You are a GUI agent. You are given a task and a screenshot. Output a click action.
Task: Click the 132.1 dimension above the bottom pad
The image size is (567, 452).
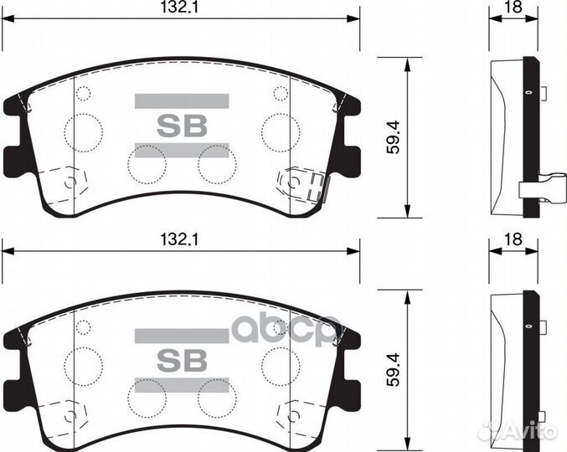(180, 239)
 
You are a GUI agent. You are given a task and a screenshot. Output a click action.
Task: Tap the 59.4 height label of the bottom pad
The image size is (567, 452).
(393, 371)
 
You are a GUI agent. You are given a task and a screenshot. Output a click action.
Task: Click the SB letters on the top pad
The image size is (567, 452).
(181, 126)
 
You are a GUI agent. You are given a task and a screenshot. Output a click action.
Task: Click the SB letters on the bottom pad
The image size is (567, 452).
(181, 360)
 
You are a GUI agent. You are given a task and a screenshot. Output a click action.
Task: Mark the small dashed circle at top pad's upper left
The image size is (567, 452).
(83, 93)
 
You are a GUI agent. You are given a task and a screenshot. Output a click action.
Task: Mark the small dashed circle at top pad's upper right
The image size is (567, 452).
(281, 93)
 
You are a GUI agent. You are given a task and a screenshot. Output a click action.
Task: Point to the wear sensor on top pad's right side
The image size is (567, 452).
(305, 184)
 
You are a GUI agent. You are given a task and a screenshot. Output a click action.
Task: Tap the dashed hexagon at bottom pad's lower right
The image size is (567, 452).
(295, 415)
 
